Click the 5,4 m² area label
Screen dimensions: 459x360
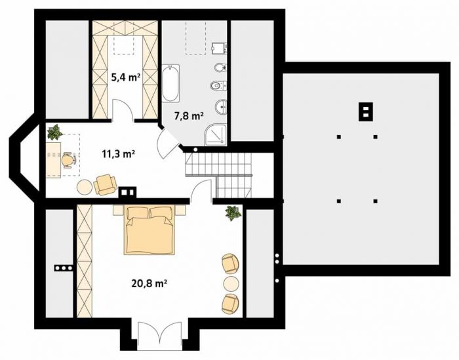point(125,77)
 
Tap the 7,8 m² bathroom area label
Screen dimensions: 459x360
point(189,116)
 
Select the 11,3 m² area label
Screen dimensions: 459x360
point(118,153)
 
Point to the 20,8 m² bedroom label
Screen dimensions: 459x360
point(149,283)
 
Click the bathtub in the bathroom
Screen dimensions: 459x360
point(170,83)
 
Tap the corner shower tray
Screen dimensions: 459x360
point(216,134)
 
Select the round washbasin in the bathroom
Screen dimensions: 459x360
point(221,108)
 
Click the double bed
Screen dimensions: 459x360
point(150,230)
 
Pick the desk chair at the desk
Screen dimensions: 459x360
point(69,160)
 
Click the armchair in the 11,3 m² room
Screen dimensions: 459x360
point(105,184)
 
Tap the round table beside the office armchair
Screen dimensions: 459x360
point(85,186)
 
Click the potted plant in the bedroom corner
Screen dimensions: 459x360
point(233,213)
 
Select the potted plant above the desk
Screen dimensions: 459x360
point(54,132)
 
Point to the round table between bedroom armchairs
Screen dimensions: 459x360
point(231,283)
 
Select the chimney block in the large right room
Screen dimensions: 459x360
point(366,111)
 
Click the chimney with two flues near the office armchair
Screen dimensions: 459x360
point(127,192)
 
